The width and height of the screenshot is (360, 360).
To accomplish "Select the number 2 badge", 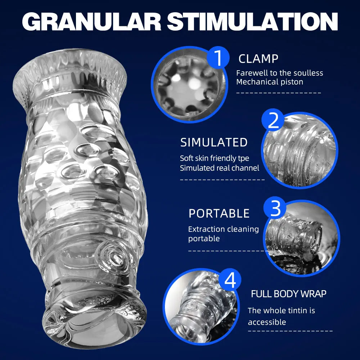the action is [273, 120].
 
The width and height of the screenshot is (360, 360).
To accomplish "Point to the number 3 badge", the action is [275, 208].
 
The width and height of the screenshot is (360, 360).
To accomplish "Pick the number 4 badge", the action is [230, 280].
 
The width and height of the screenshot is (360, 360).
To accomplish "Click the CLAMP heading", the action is [258, 59].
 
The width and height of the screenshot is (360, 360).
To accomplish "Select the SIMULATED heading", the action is [214, 142].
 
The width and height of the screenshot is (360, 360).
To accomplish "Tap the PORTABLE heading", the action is [219, 213].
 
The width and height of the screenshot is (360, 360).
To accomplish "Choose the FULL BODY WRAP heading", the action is [289, 294].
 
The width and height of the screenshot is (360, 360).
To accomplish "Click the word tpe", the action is [244, 159].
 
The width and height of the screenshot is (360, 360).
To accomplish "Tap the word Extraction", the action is [206, 229].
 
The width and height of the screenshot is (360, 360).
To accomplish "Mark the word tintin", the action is [294, 310].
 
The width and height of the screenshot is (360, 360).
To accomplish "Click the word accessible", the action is [267, 322].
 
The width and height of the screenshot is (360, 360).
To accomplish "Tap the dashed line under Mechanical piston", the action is [279, 93].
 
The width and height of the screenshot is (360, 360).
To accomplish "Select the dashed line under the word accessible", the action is [290, 331].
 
